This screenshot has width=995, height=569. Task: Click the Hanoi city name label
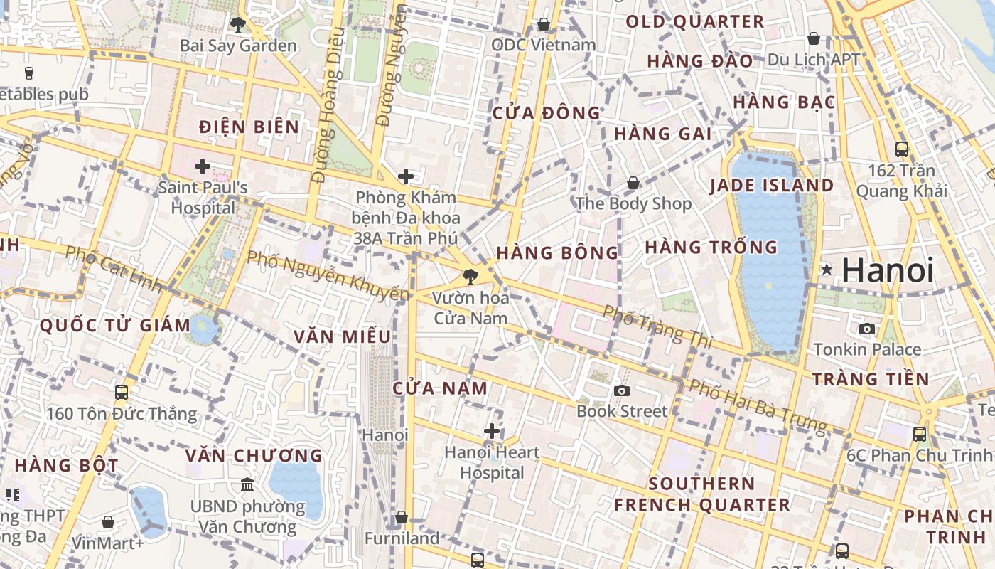click(888, 270)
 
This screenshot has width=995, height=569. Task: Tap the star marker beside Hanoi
click(827, 270)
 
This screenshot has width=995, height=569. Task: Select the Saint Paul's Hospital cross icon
click(203, 167)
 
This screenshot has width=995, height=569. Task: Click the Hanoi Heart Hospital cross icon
click(491, 431)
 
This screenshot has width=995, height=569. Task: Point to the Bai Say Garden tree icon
click(238, 25)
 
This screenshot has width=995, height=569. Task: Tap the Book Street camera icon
click(622, 390)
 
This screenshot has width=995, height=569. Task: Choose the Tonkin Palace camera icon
click(867, 329)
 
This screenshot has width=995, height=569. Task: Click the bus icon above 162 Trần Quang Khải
click(902, 149)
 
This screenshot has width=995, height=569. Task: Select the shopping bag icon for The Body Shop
click(633, 184)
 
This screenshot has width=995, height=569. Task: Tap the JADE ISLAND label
click(772, 186)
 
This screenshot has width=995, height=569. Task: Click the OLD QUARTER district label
click(694, 22)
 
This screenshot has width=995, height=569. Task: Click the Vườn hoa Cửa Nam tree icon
click(470, 277)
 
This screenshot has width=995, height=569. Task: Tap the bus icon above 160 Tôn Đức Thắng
click(122, 392)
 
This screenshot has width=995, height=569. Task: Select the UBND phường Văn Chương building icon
click(247, 485)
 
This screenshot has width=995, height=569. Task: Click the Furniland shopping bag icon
click(402, 517)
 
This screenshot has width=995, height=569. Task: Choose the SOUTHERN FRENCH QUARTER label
click(701, 494)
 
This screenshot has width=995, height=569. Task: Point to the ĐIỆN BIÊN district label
click(249, 127)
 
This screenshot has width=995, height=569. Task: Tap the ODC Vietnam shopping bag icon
click(544, 25)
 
